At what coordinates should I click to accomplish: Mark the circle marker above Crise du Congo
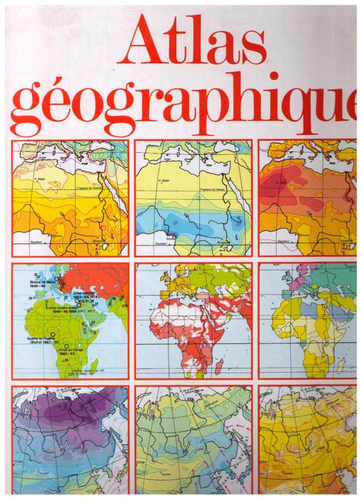(66, 345)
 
